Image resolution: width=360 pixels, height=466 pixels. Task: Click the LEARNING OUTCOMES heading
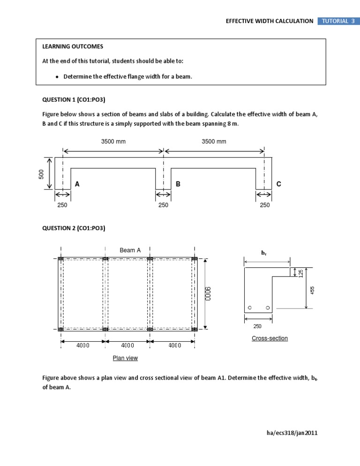pyautogui.click(x=73, y=46)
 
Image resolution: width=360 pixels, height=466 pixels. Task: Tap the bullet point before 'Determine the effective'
pyautogui.click(x=57, y=77)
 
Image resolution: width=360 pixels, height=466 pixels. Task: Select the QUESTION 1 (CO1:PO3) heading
pyautogui.click(x=74, y=99)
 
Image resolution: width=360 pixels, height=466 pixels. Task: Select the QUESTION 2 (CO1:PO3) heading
pyautogui.click(x=74, y=228)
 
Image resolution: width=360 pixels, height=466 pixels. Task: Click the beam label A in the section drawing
pyautogui.click(x=77, y=185)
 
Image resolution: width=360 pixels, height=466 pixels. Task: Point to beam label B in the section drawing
pyautogui.click(x=178, y=185)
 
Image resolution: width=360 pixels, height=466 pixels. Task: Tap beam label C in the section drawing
pyautogui.click(x=279, y=185)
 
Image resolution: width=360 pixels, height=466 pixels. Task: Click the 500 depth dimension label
pyautogui.click(x=42, y=174)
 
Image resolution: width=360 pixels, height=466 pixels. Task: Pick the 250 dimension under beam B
pyautogui.click(x=163, y=205)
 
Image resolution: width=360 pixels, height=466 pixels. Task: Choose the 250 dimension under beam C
pyautogui.click(x=265, y=205)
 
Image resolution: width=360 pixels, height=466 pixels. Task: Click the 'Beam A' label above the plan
pyautogui.click(x=130, y=250)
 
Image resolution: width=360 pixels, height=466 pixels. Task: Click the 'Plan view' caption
pyautogui.click(x=125, y=358)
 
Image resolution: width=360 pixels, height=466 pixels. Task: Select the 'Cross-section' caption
pyautogui.click(x=270, y=338)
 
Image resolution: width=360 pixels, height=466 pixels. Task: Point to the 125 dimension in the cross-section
pyautogui.click(x=300, y=272)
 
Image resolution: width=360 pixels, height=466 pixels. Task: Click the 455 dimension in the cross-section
pyautogui.click(x=312, y=290)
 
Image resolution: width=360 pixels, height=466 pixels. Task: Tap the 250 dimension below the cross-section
pyautogui.click(x=257, y=326)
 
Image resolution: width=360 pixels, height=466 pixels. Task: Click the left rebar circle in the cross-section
pyautogui.click(x=250, y=308)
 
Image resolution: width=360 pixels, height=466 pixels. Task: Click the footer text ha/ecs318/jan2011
pyautogui.click(x=292, y=433)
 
